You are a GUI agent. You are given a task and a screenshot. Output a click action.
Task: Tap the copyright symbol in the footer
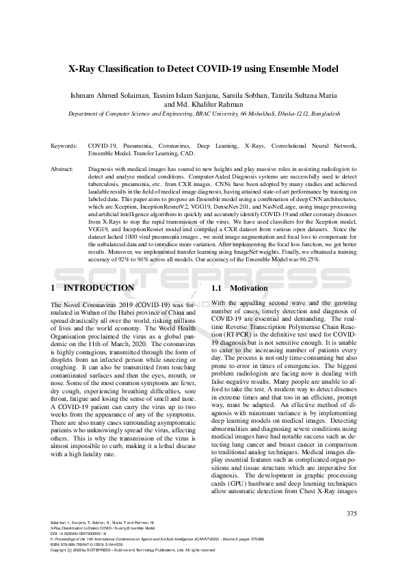click(x=71, y=549)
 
